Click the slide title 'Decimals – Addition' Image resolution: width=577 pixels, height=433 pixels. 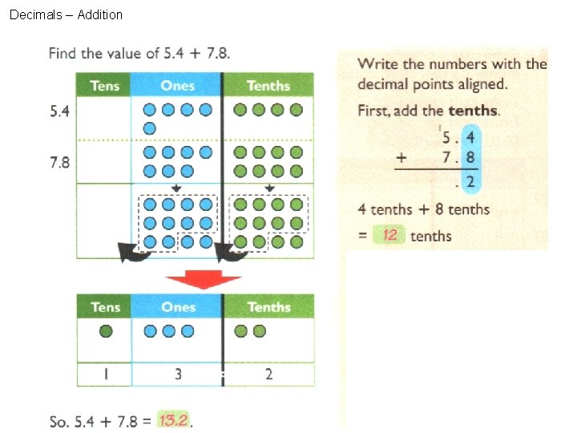point(66,14)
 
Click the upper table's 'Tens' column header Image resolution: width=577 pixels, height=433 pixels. point(104,86)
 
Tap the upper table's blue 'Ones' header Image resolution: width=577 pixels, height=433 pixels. point(177,86)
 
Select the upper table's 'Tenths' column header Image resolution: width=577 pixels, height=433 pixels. point(268,86)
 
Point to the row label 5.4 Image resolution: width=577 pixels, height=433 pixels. point(59,111)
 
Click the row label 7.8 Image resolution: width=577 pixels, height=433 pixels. point(59,163)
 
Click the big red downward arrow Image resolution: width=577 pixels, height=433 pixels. point(204,280)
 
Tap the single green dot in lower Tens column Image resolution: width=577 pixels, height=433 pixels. point(104,330)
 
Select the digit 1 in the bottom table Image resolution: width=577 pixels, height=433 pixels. point(105,374)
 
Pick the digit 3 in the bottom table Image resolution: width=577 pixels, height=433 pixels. point(177,374)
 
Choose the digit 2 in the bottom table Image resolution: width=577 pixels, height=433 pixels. point(268,374)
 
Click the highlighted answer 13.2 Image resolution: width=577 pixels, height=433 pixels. point(174,420)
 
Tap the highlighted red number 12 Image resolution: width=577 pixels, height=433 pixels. point(390,235)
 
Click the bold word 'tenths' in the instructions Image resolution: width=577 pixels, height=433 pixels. point(473,111)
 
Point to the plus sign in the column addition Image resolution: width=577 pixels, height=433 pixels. point(401,158)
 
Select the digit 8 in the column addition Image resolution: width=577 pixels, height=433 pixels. point(471,158)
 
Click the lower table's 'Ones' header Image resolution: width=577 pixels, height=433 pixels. point(178,307)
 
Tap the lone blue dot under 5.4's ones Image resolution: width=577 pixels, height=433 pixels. point(149,128)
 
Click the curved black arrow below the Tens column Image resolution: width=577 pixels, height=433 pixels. point(133,253)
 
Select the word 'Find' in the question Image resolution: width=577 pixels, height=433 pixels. point(63,54)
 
